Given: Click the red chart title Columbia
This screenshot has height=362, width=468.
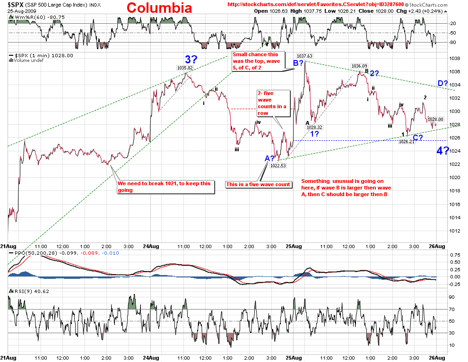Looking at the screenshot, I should point(159,8).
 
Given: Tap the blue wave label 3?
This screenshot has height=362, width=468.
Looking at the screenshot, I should point(191,60).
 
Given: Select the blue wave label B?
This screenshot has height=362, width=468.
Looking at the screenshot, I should point(299,62).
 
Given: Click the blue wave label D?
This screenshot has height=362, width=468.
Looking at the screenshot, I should point(443,84).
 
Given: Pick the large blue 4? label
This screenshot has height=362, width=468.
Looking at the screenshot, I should point(442,151).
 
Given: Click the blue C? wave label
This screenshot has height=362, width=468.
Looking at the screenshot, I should point(418,138).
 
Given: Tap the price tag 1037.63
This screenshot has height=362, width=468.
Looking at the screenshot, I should point(305,56).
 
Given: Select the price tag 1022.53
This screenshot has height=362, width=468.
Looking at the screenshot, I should point(278,165).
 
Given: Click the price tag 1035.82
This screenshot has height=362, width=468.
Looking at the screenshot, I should point(186,68).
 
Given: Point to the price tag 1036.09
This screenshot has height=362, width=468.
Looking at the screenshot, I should point(359,66).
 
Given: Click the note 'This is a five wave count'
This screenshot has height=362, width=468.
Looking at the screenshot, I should point(258,184).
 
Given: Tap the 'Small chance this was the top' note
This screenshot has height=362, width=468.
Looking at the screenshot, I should point(256,62).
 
